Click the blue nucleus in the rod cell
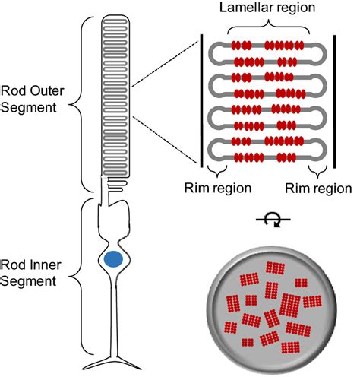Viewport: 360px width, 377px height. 113,259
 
